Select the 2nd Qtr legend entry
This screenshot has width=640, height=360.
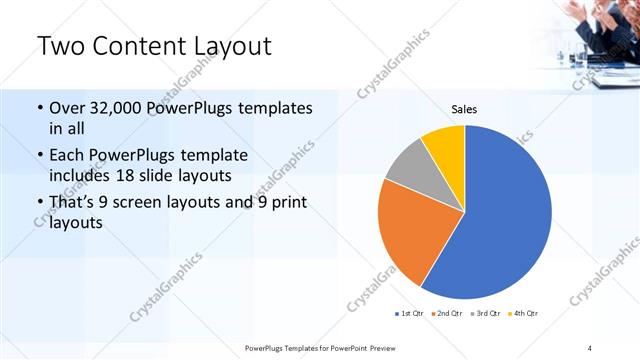tap(447, 314)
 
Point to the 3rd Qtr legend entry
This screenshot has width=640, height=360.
tap(486, 314)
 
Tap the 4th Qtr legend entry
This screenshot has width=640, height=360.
tap(524, 314)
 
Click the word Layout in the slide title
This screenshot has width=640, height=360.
tap(228, 46)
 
